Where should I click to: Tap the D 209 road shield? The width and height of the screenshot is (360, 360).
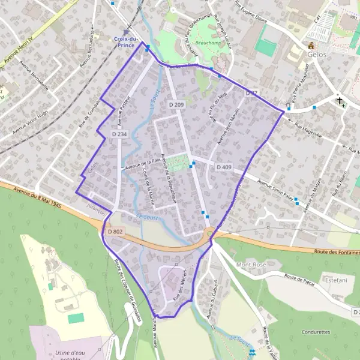[176, 105]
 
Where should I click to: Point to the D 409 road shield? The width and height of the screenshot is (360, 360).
[224, 166]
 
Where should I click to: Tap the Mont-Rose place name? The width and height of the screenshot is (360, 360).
[251, 265]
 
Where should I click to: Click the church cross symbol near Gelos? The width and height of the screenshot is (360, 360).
[340, 100]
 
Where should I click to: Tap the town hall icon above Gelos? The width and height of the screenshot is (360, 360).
[311, 46]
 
